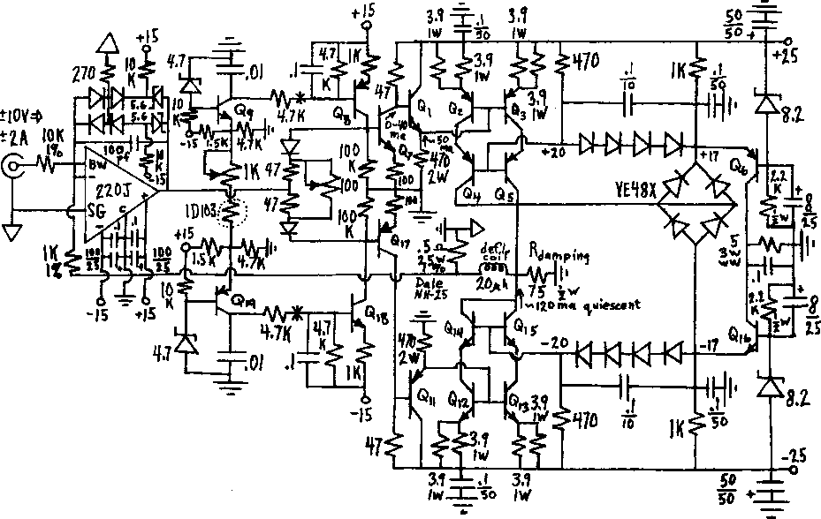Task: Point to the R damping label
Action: click(x=558, y=255)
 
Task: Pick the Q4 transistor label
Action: click(x=468, y=194)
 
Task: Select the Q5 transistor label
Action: click(x=504, y=194)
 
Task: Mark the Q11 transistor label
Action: click(x=426, y=396)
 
